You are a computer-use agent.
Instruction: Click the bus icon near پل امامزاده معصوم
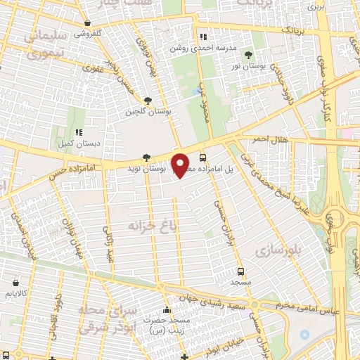202,157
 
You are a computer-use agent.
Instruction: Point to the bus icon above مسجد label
241,271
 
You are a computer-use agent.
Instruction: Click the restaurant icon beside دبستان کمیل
79,131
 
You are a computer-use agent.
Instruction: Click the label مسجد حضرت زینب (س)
167,324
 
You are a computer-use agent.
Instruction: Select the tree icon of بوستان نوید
146,157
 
